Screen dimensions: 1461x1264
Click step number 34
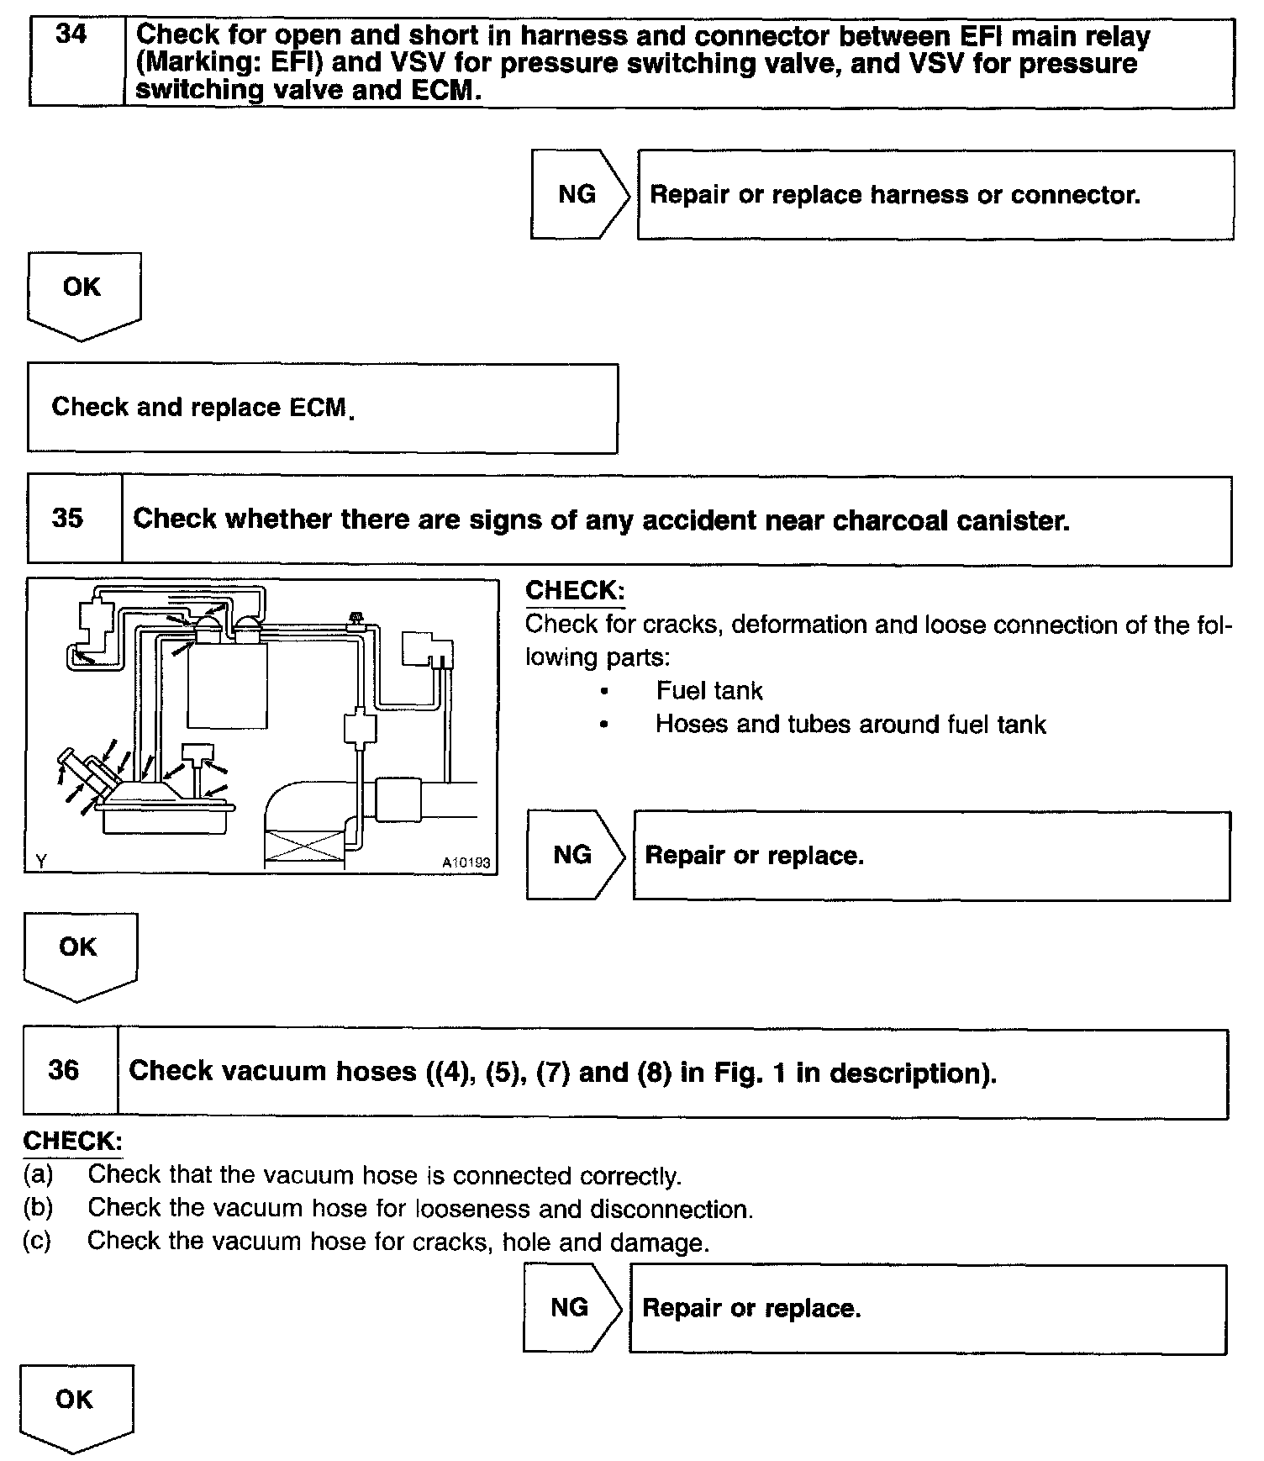71,35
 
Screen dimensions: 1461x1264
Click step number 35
67,518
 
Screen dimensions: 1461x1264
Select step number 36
64,1070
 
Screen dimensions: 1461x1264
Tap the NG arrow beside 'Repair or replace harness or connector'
578,195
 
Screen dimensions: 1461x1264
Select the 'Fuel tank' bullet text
708,691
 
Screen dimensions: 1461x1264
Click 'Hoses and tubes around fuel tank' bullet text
850,725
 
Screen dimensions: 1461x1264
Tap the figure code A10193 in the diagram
466,862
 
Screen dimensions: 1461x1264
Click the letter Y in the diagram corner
41,861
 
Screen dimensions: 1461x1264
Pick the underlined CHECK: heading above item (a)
73,1141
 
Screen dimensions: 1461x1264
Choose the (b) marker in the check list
38,1208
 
